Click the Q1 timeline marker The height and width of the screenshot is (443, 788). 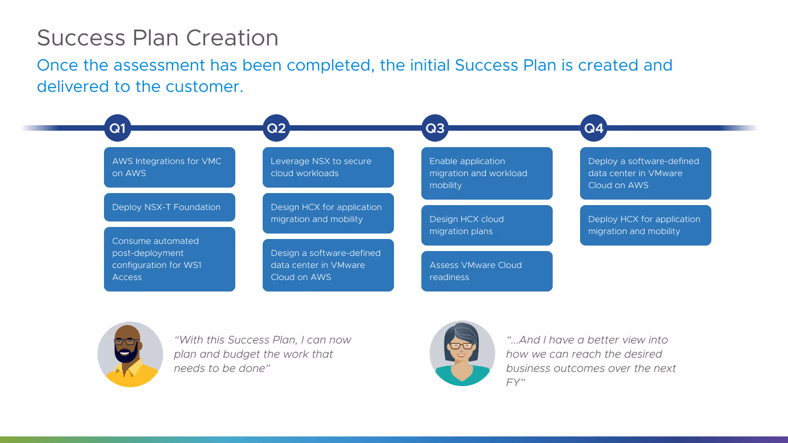tap(118, 129)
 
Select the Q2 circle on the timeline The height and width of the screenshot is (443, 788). tap(276, 129)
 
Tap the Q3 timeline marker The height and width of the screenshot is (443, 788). tap(435, 129)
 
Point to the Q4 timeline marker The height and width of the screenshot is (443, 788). tap(594, 129)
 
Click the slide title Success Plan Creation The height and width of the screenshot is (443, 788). tap(158, 38)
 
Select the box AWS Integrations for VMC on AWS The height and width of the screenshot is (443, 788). tap(170, 167)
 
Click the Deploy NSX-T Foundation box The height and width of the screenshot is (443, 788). tap(170, 207)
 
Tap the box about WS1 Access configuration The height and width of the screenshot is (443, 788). tap(170, 259)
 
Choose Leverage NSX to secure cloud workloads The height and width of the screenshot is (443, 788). tap(328, 167)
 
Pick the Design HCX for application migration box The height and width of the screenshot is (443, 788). tap(328, 213)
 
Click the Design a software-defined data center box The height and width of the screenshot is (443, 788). tap(328, 265)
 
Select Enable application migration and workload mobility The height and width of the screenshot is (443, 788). tap(487, 173)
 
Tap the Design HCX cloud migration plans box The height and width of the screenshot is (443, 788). tap(487, 225)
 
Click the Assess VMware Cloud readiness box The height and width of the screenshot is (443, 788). tap(487, 271)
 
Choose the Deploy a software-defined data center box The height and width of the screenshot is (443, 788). tap(646, 173)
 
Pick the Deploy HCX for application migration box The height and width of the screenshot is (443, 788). tap(646, 225)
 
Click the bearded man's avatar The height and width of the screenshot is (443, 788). tap(130, 354)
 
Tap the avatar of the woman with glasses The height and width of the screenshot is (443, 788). tap(462, 353)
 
